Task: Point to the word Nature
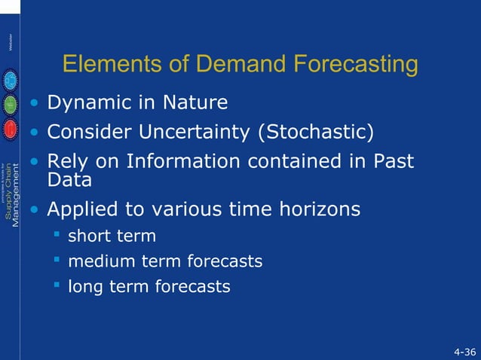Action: point(197,102)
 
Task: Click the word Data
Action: point(69,180)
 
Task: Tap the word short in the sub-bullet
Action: point(89,236)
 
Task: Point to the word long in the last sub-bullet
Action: point(84,286)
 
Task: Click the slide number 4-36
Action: point(464,352)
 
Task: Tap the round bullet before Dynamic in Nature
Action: point(34,102)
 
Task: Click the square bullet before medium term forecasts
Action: point(56,261)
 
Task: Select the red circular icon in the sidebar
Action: point(11,129)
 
